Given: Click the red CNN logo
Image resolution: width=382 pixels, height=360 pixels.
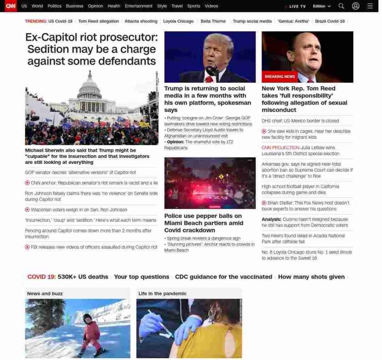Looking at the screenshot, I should click(x=10, y=6).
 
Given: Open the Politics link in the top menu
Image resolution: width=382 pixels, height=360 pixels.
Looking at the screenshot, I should click(x=54, y=6).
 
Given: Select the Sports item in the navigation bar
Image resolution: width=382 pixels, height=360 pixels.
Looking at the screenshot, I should click(x=193, y=6).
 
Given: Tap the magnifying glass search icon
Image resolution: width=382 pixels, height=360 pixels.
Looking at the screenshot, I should click(x=341, y=6).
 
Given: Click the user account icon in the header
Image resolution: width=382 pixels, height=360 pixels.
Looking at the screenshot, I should click(x=356, y=6).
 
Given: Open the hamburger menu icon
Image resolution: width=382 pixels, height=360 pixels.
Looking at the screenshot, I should click(x=370, y=6).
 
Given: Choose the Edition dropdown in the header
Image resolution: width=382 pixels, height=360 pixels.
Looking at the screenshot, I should click(x=322, y=6).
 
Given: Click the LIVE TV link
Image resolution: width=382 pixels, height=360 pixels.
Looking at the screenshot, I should click(x=297, y=6).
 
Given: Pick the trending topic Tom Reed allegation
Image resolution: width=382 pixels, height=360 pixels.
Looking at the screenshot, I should click(x=98, y=21).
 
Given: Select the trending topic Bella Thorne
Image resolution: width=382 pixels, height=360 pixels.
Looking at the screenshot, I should click(x=213, y=21).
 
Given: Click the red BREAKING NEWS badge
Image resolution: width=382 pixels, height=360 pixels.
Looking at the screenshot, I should click(x=280, y=76).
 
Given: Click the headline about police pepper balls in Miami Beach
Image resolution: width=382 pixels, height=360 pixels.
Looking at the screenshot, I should click(x=204, y=223).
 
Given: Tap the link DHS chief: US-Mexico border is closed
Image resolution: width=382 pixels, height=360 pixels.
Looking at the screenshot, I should click(x=300, y=121).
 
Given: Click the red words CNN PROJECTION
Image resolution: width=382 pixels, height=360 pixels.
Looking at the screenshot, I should click(x=280, y=147).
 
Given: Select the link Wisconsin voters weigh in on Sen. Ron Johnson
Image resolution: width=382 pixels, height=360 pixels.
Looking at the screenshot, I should click(x=79, y=210).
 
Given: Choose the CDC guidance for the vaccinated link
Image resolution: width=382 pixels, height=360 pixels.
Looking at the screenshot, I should click(x=223, y=277).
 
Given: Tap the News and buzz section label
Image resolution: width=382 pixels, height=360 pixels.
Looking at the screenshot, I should click(x=45, y=294).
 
